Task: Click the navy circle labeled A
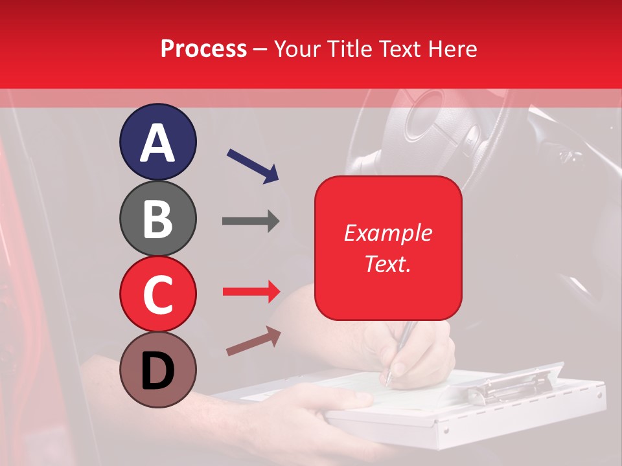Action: click(157, 142)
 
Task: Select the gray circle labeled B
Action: click(157, 218)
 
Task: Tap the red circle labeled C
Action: click(157, 294)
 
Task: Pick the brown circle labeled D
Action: click(157, 370)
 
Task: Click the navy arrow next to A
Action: click(253, 166)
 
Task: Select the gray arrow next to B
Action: click(251, 221)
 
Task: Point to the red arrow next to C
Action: click(251, 292)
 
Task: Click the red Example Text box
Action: click(388, 248)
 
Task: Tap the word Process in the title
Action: click(203, 49)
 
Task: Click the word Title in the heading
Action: click(350, 49)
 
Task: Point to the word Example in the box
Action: click(388, 233)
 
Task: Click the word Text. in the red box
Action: click(388, 264)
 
